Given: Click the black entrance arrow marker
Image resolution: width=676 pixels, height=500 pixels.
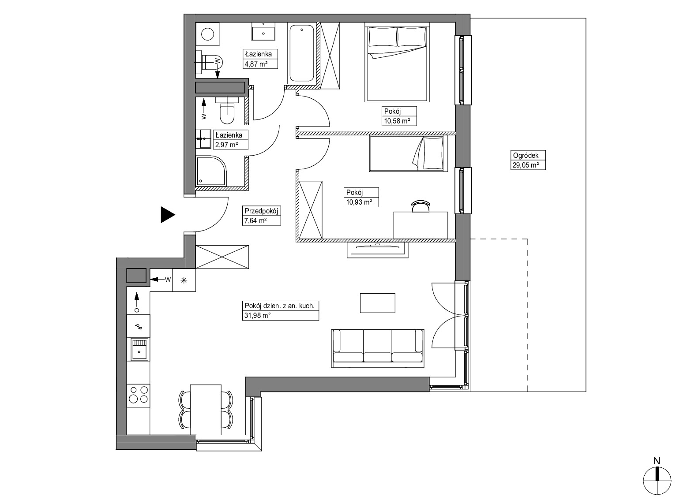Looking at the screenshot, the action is coord(167,215).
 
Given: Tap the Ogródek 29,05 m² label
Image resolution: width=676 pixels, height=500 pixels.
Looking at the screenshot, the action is coord(528,160).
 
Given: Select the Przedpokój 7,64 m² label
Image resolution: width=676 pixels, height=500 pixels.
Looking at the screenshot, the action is coord(262,216).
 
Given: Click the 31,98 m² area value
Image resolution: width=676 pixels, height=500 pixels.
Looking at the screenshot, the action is coord(258,316).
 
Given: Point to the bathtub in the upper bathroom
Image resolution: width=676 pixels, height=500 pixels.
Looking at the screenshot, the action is coord(301,54).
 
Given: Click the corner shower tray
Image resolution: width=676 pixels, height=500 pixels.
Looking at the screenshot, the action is coord(211,171).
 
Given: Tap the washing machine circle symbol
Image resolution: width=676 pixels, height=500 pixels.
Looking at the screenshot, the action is coord(208,34).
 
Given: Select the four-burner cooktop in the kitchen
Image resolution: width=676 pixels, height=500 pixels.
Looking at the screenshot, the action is coord(139,395).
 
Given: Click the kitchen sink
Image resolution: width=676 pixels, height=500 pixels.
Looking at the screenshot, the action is coord(139,349).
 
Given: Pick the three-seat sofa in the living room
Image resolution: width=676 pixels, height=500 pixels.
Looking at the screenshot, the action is coord(378,348).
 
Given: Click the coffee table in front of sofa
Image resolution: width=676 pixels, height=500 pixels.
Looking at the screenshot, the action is coord(378,303).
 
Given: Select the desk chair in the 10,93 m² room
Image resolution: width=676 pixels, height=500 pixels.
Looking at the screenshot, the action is coord(421,206).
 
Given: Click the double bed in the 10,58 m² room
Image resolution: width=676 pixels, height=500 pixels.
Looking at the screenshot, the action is coord(397,63).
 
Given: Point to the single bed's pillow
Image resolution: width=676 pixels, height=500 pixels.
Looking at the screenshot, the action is coord(433,153).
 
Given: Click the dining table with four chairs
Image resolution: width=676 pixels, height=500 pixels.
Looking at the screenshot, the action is coord(206,410).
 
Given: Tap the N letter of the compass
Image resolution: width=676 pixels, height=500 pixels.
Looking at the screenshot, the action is coord(657,461).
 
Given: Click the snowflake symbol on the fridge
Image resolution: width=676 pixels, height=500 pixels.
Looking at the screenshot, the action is coord(184,280).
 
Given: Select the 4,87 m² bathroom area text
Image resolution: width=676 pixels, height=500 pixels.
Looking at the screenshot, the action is coord(256,64).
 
